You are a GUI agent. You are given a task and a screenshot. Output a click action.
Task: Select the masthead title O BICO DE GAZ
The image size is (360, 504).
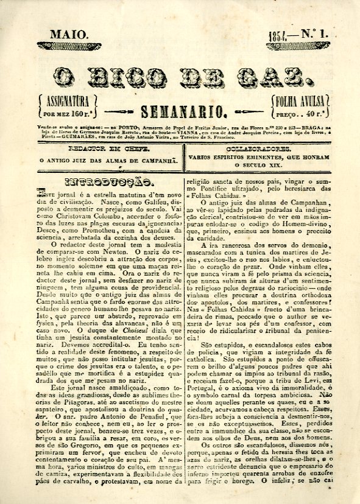click(x=182, y=77)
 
